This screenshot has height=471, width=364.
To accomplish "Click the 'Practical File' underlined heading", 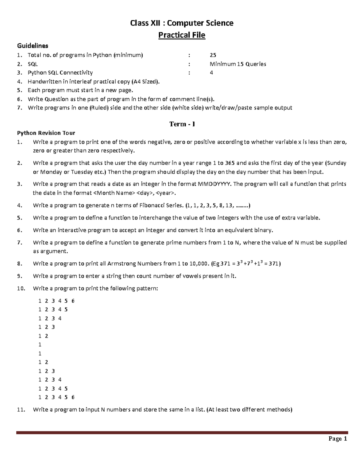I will click(182, 35).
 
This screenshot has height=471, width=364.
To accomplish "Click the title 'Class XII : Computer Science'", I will click(182, 23).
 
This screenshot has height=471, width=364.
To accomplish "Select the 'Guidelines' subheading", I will click(32, 46).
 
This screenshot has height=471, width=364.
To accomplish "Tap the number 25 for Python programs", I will click(213, 55).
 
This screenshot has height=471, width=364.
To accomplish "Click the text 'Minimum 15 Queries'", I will click(238, 64).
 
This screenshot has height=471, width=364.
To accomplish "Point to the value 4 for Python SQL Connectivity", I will click(211, 73).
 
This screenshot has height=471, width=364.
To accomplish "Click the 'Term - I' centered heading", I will click(182, 124).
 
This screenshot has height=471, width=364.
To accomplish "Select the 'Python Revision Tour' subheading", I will click(46, 133).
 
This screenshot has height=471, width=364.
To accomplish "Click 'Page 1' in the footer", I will click(338, 439).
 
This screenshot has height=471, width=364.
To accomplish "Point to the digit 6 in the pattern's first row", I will click(73, 301).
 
